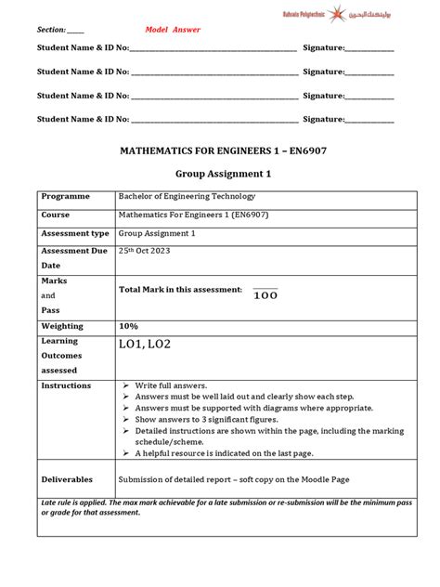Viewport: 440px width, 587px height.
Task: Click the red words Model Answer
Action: [173, 30]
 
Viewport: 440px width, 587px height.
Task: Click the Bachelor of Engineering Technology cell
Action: [187, 197]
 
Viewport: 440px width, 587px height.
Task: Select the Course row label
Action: [56, 215]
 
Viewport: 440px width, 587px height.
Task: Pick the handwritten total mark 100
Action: [265, 295]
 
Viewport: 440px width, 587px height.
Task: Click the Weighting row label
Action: [62, 326]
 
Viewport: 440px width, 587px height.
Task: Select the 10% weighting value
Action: [128, 326]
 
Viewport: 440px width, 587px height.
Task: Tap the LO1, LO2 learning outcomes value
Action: [145, 346]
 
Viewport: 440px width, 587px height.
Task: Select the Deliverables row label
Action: [67, 479]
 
